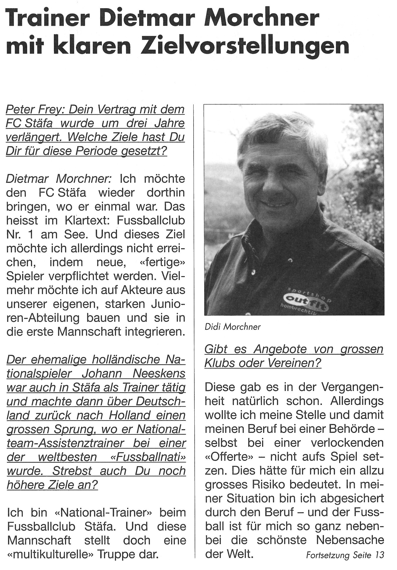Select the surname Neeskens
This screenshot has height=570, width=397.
click(x=159, y=374)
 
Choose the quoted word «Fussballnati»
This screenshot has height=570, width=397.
click(x=148, y=457)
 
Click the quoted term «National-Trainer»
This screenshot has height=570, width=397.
click(x=102, y=513)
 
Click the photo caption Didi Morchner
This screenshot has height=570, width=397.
click(x=232, y=327)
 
